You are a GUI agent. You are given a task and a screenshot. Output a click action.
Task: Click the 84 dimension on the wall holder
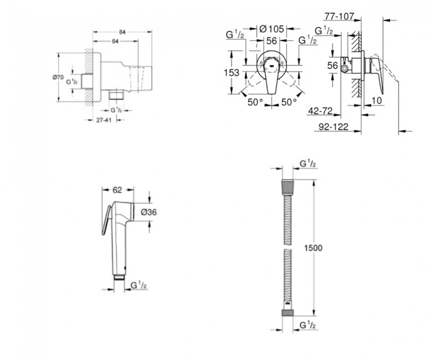pos(122,32)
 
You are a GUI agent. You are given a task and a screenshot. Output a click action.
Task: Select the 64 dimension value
pos(115,42)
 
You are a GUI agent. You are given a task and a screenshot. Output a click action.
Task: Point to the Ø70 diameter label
pos(58,78)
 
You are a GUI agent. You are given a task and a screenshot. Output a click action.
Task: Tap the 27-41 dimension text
pos(104,120)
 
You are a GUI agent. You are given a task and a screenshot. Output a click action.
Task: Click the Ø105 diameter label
pos(271,29)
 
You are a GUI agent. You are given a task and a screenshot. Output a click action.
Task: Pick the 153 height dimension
pos(232,73)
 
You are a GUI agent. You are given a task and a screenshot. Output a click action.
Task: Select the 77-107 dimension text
pos(339,17)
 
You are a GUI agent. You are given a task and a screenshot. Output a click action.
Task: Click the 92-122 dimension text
pos(333,127)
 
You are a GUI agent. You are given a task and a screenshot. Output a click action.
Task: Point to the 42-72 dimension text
pos(321,111)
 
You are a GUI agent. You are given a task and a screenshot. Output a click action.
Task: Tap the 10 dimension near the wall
pos(377,101)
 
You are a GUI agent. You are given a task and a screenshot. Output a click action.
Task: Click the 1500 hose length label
pos(313,248)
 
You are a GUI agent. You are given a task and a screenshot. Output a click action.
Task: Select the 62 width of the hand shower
pos(117,190)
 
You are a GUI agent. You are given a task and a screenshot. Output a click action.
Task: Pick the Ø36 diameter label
pos(148,212)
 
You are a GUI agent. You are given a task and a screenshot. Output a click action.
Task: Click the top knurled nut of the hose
pos(287,184)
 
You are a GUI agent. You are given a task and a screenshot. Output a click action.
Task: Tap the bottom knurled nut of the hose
pos(287,312)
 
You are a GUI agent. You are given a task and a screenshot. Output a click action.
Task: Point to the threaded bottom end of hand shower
pos(119,277)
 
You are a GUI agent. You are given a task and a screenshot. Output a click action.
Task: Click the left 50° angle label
pos(255,102)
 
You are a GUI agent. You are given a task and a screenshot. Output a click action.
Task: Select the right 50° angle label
pos(289,102)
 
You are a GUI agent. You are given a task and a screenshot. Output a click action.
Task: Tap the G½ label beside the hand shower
pos(139,285)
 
